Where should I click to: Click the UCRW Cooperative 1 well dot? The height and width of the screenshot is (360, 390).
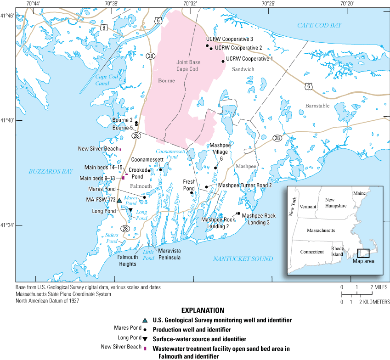pyautogui.click(x=223, y=61)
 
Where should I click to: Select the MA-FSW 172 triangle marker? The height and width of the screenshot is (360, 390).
pyautogui.click(x=119, y=201)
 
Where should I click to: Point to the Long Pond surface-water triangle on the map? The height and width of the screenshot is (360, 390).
pyautogui.click(x=131, y=210)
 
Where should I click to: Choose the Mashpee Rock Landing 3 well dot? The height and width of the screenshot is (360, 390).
pyautogui.click(x=238, y=214)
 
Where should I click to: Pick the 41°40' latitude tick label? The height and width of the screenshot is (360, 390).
pyautogui.click(x=8, y=121)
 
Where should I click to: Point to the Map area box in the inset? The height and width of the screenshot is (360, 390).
pyautogui.click(x=363, y=253)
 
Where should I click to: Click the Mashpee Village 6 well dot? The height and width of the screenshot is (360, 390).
pyautogui.click(x=215, y=168)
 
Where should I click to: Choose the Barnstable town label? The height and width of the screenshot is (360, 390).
pyautogui.click(x=317, y=106)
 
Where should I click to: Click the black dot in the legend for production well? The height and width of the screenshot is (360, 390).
pyautogui.click(x=145, y=330)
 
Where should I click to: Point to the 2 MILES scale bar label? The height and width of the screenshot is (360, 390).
pyautogui.click(x=376, y=287)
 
